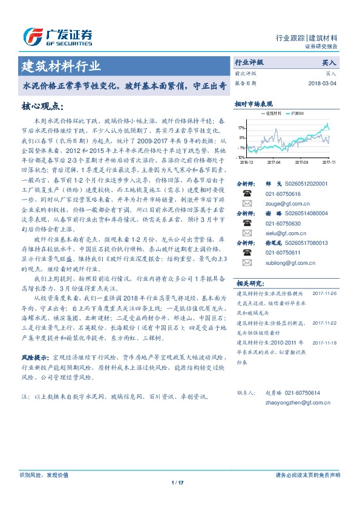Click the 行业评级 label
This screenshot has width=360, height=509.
pyautogui.click(x=249, y=62)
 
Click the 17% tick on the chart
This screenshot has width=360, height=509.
pyautogui.click(x=241, y=128)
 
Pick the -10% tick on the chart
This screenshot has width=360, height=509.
pyautogui.click(x=241, y=157)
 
